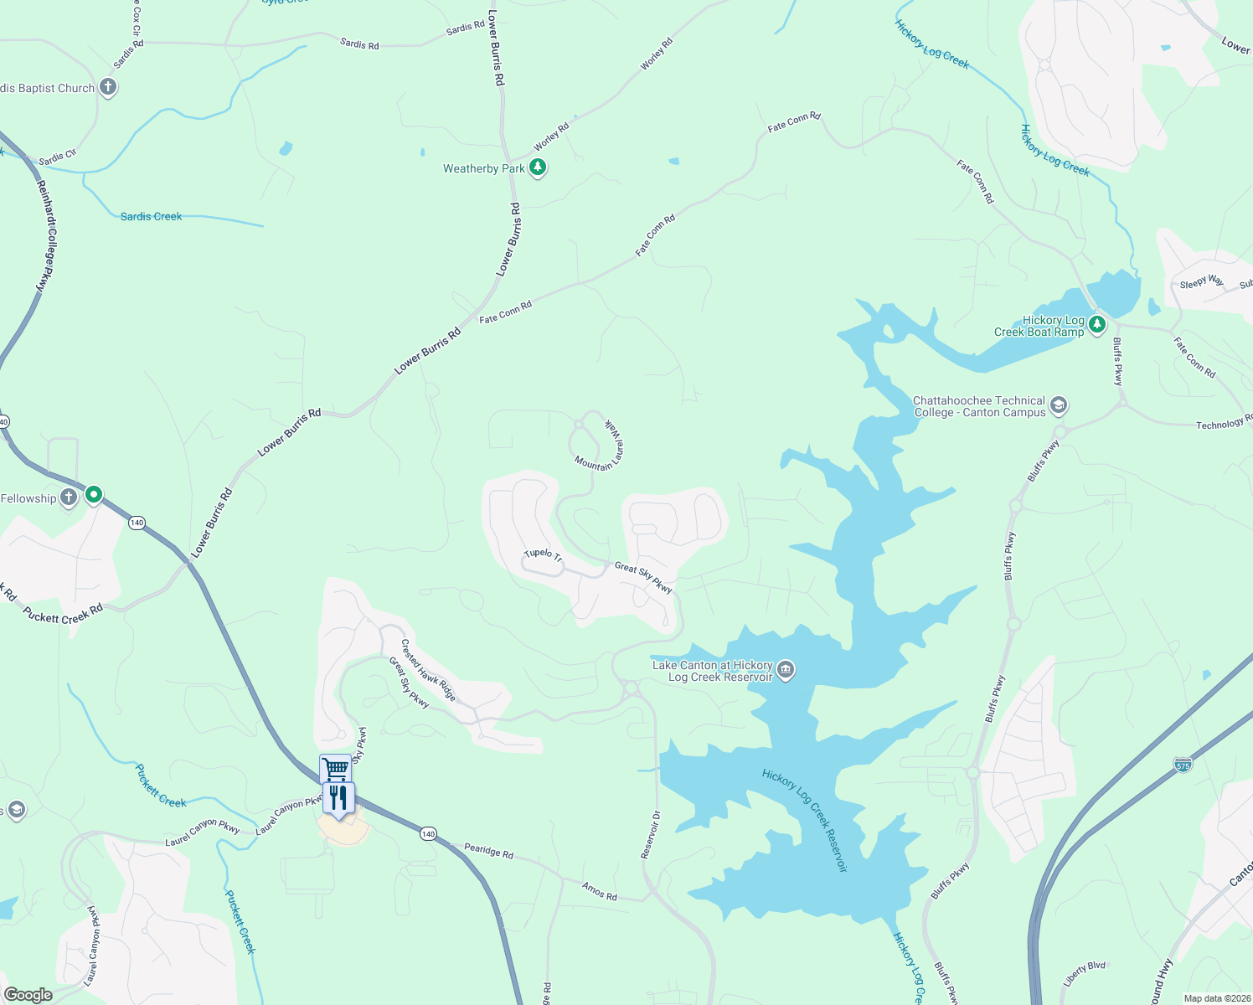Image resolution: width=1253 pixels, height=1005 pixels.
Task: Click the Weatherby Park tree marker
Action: [538, 167]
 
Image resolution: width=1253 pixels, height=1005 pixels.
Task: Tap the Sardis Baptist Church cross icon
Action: [107, 87]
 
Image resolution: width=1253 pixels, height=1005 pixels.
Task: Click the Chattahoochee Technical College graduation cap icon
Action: [1058, 406]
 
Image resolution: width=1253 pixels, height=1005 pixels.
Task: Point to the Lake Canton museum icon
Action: [786, 670]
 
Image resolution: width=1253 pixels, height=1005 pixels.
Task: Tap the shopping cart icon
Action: [335, 768]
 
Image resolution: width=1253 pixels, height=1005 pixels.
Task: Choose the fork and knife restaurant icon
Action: [338, 797]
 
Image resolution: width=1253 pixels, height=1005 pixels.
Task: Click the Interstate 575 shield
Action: [1183, 765]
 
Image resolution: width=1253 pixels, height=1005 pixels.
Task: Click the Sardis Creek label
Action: [151, 216]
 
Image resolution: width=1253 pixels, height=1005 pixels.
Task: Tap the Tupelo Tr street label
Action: [543, 554]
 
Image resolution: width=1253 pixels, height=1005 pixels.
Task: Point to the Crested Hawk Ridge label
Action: [428, 669]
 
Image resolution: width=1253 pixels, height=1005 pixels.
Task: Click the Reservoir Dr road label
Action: [651, 833]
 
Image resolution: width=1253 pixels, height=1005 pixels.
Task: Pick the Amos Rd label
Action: [600, 891]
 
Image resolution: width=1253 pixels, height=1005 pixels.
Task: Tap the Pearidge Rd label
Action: [488, 850]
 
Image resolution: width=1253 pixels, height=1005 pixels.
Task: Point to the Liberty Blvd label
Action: [1085, 972]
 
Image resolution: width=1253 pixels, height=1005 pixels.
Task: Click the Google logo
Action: [28, 994]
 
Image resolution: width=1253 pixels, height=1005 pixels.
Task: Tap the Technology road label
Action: [1223, 424]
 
